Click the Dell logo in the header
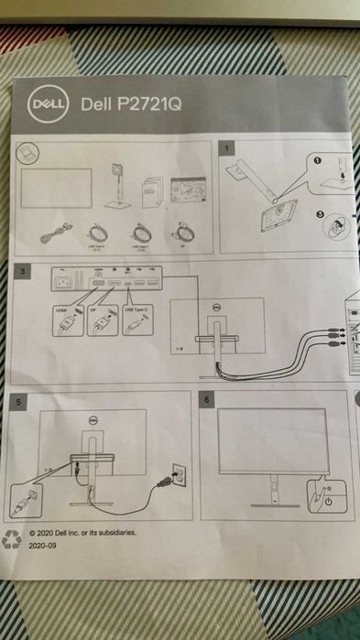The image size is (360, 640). (49, 103)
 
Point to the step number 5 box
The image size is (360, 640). (21, 401)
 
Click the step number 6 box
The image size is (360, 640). (208, 401)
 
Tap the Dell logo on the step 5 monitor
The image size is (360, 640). (93, 420)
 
